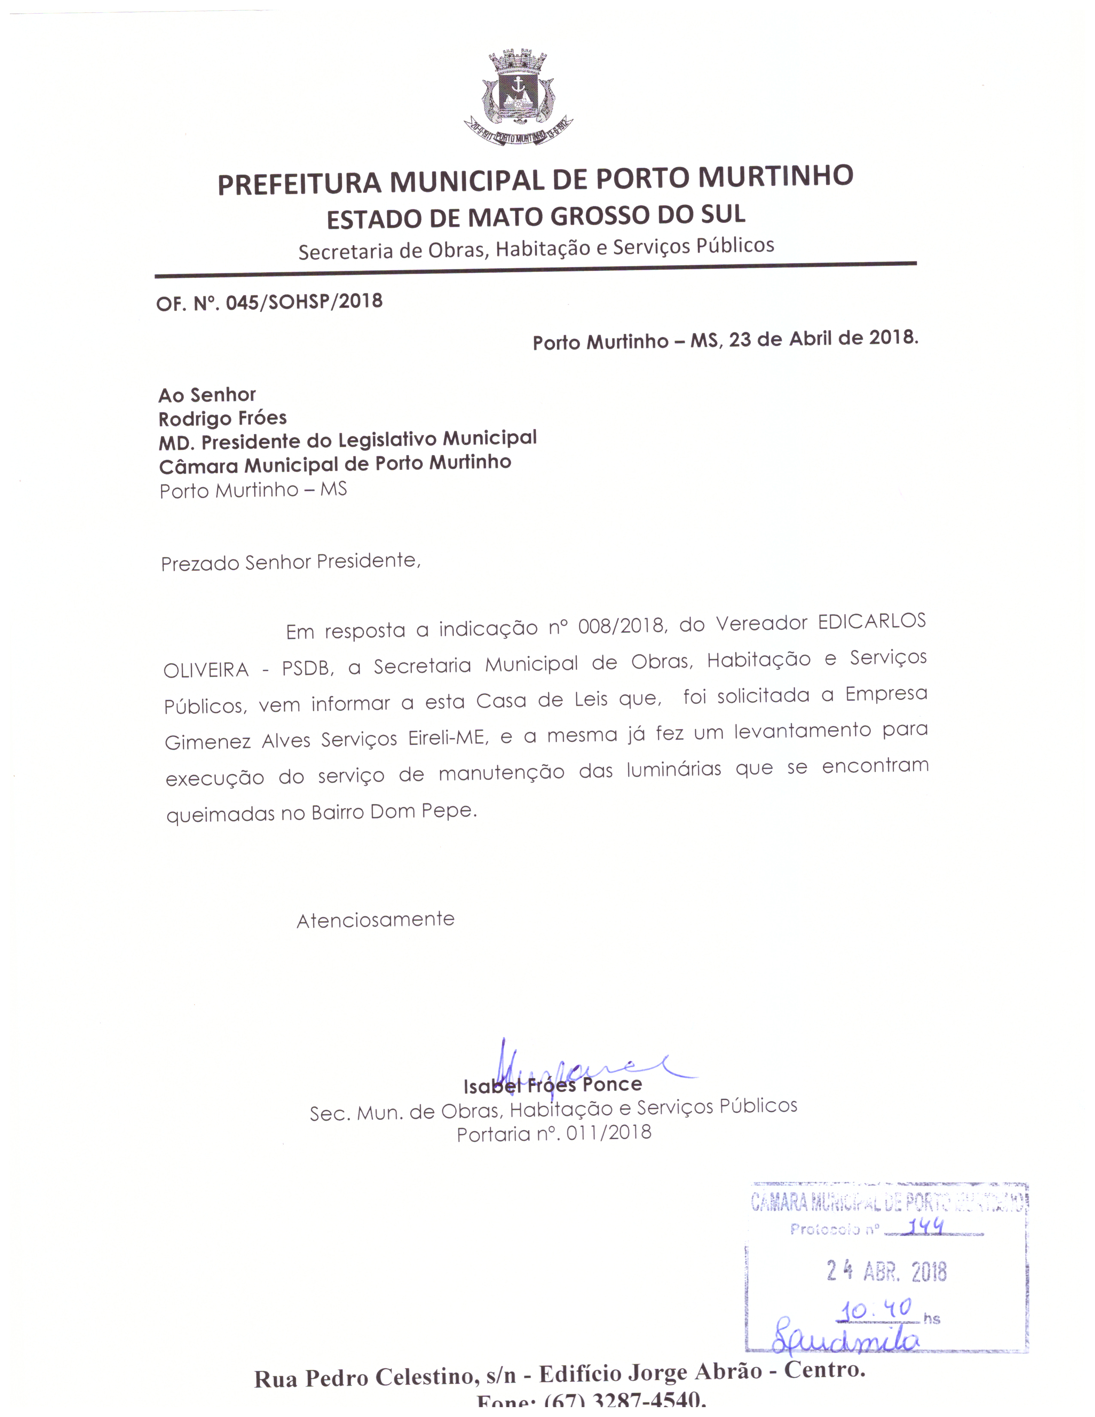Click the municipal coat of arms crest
[518, 97]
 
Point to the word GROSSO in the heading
[601, 216]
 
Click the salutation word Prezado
[200, 563]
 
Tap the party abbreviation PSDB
[306, 668]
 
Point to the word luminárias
[673, 770]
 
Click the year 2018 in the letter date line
[892, 338]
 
